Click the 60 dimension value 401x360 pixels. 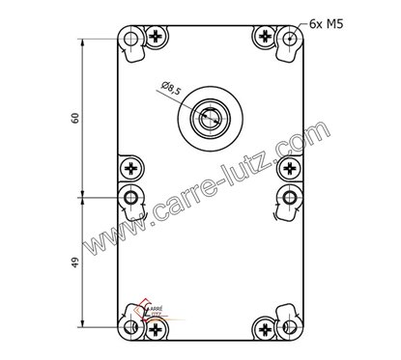tap(74, 118)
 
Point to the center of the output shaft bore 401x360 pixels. tap(210, 119)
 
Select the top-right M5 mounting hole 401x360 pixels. tap(290, 40)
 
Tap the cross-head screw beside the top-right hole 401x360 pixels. tap(266, 38)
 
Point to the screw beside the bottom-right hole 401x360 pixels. tap(266, 330)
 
